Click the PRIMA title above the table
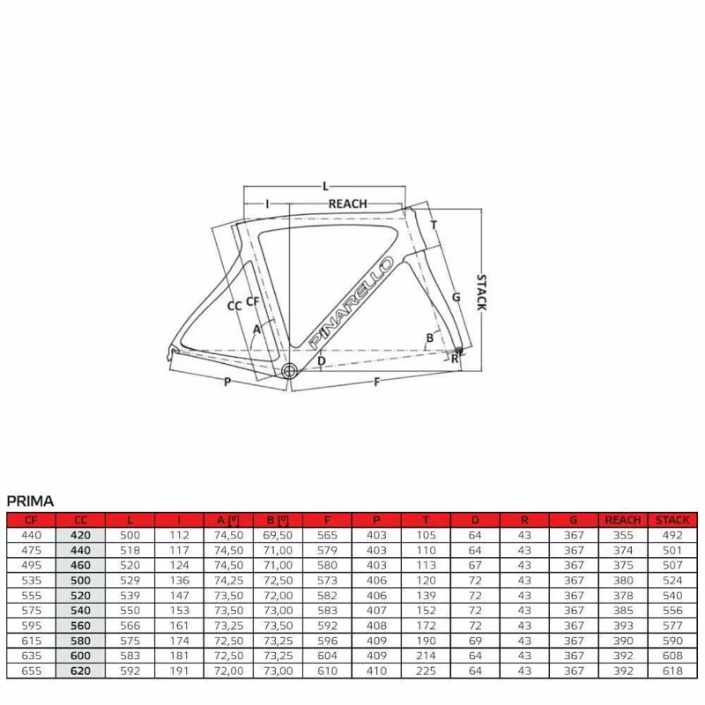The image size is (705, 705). tap(30, 501)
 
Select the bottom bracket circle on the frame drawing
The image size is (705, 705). tap(289, 371)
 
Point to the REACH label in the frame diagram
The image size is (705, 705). tap(347, 204)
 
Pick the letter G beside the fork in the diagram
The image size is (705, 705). tap(456, 297)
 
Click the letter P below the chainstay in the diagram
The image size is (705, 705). tap(226, 382)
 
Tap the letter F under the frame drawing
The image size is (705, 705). tap(377, 382)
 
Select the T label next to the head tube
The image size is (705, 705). tap(434, 225)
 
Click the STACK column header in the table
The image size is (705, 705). tap(672, 520)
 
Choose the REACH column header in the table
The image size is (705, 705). tap(623, 520)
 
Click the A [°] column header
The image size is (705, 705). tap(228, 520)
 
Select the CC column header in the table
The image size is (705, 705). tap(81, 520)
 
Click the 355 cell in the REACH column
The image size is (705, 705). tap(623, 534)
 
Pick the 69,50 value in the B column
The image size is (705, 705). tap(278, 534)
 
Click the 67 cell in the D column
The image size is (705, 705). tap(475, 565)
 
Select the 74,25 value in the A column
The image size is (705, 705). tap(228, 581)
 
